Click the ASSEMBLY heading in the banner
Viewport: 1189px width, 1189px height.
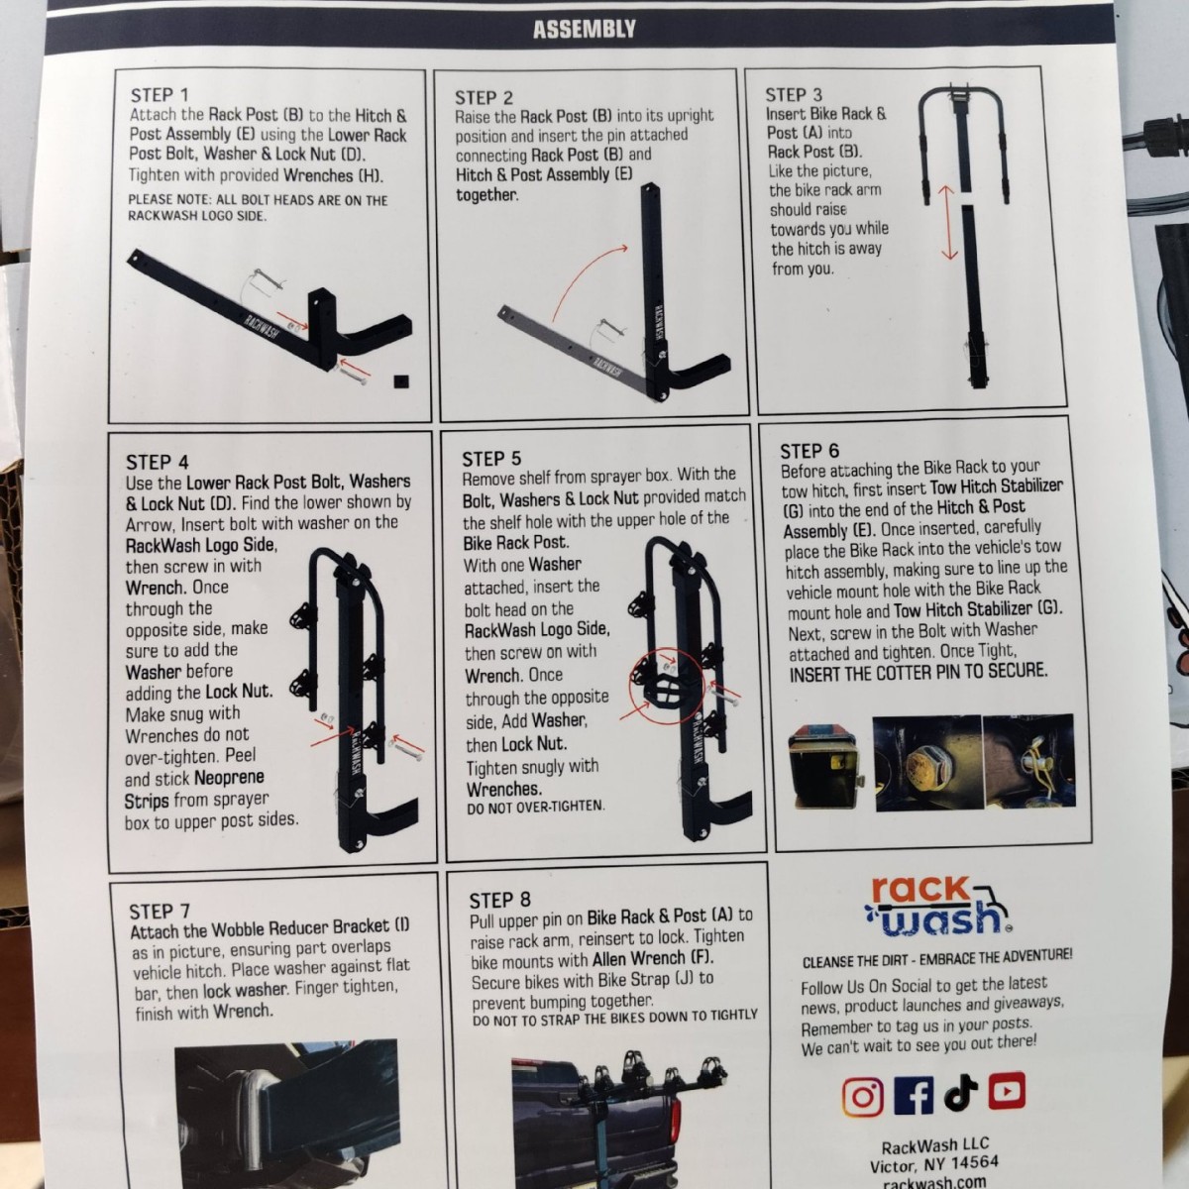tap(584, 29)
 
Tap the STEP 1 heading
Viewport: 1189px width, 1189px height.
tap(160, 95)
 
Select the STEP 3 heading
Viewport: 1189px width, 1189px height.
tap(794, 94)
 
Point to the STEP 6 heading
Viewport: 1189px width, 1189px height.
tap(810, 451)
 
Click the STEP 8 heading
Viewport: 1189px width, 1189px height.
tap(499, 901)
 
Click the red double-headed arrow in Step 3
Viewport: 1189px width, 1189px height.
tap(948, 223)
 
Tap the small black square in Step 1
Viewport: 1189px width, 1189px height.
tap(402, 380)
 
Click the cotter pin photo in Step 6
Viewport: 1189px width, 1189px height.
tap(1029, 761)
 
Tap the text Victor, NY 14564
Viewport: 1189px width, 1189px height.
tap(933, 1164)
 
